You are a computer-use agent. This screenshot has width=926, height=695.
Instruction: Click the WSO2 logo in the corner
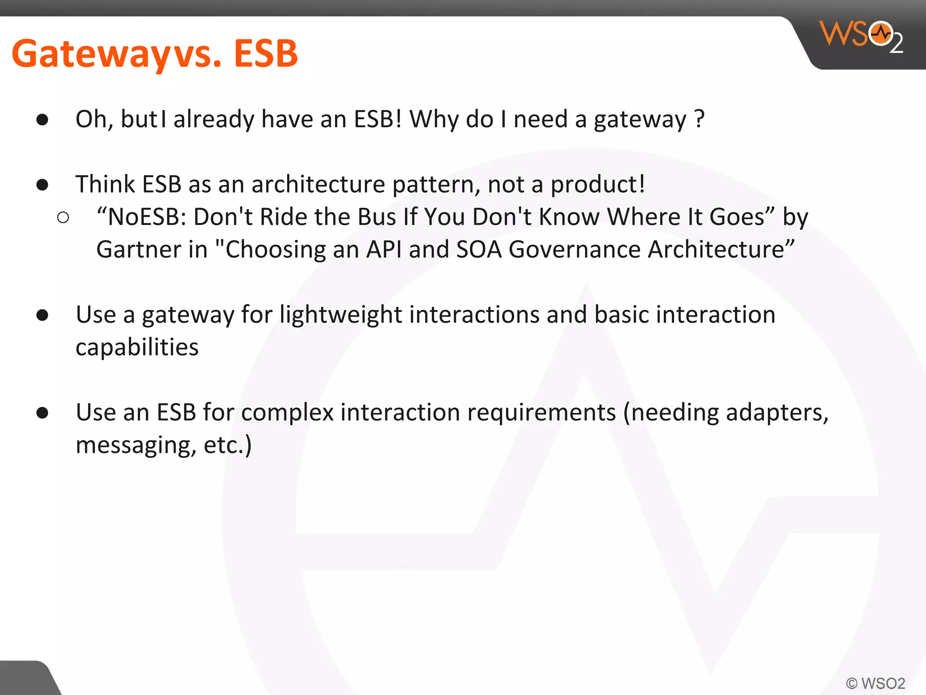coord(861,36)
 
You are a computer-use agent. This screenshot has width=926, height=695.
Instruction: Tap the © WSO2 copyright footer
coord(875,683)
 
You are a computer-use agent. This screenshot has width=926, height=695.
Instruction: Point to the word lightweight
coord(340,315)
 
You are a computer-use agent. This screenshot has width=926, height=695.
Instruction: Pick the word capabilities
coord(137,347)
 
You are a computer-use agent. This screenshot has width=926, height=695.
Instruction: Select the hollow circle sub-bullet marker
coord(63,218)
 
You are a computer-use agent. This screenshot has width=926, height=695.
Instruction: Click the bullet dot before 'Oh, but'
coord(43,119)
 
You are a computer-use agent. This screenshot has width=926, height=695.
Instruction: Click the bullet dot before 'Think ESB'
coord(43,185)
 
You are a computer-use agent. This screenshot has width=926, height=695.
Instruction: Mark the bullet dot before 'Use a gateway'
coord(43,315)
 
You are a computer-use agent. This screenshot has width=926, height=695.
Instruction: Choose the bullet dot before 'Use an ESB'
coord(43,413)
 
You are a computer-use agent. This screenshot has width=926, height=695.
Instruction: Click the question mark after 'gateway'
coord(699,119)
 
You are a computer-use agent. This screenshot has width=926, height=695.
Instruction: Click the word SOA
coord(479,250)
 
